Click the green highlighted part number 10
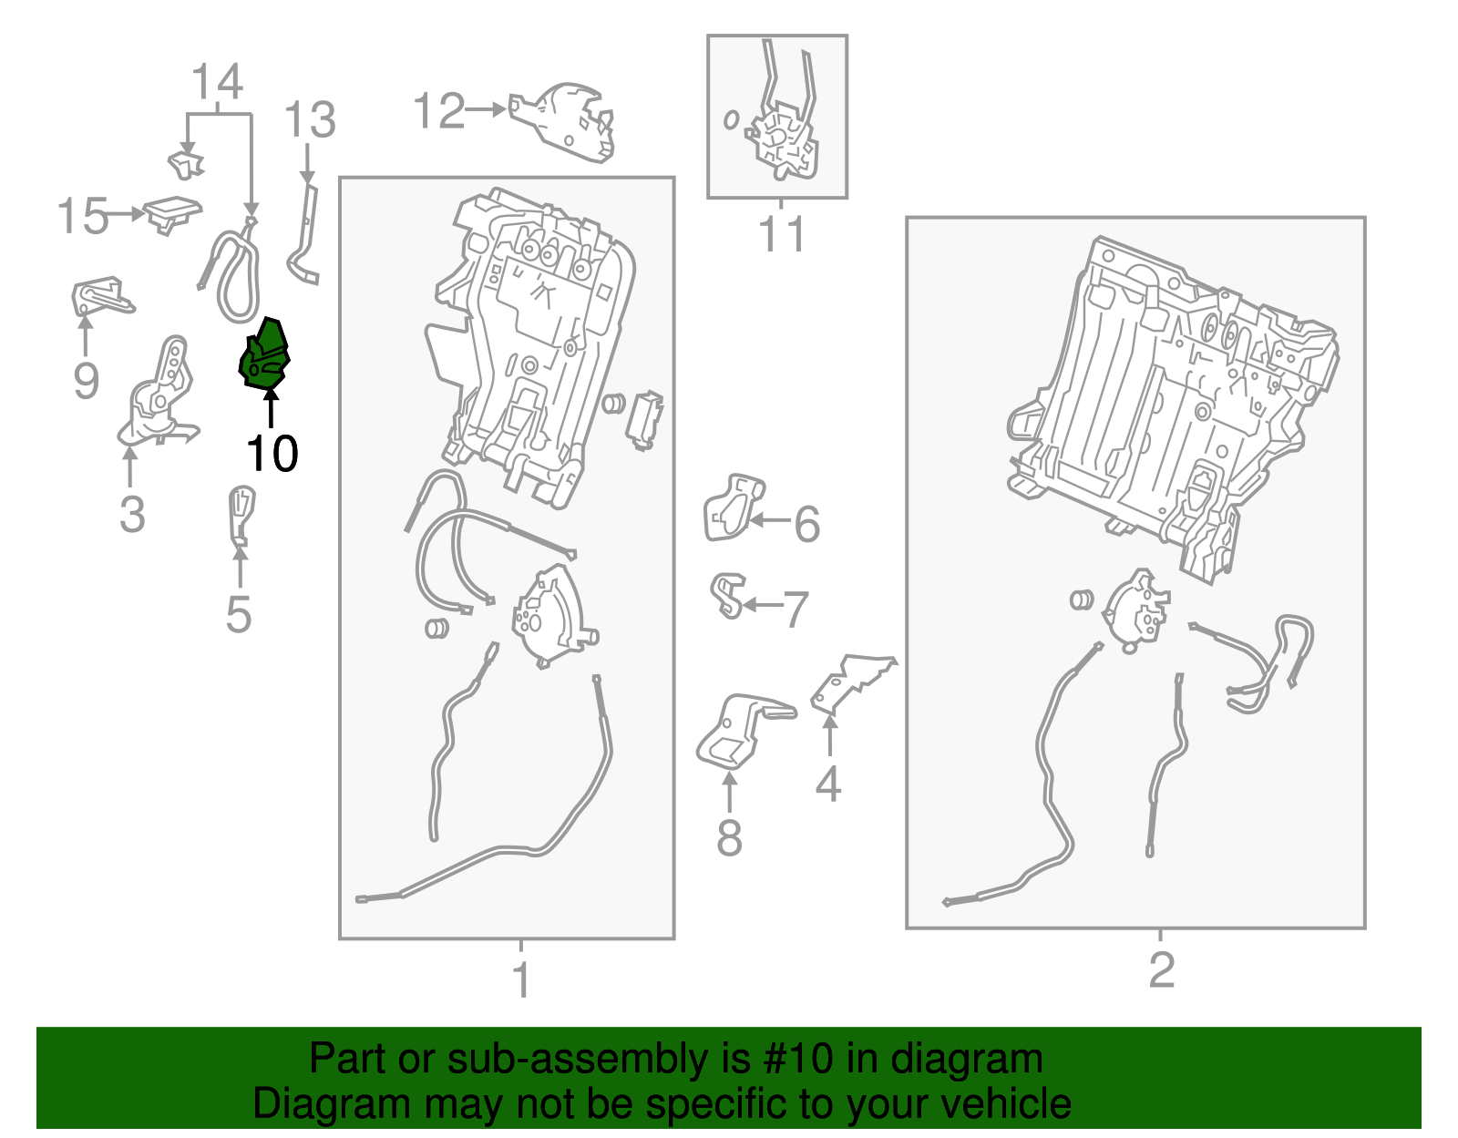(x=264, y=354)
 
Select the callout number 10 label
(x=272, y=454)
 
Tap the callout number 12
(x=439, y=110)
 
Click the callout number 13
(x=309, y=120)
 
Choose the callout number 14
(x=217, y=82)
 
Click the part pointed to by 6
(x=733, y=507)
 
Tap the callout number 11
(x=781, y=234)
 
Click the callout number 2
(x=1162, y=969)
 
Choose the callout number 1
(x=521, y=980)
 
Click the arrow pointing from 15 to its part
(x=126, y=214)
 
